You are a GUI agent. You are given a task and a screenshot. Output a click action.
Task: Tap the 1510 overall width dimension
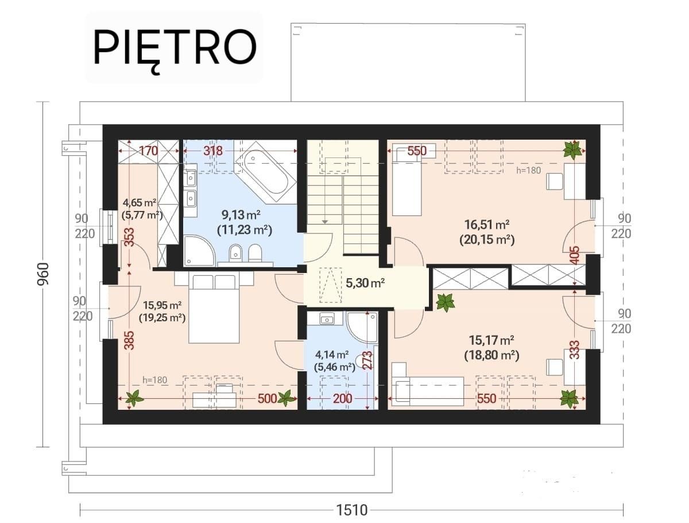click(x=351, y=510)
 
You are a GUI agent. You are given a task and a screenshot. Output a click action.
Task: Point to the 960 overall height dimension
click(x=44, y=274)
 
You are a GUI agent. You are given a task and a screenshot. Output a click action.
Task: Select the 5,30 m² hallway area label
click(x=365, y=283)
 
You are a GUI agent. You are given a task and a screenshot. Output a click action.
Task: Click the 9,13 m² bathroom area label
click(x=241, y=215)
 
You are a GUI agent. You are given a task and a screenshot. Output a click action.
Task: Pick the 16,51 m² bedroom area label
click(x=486, y=225)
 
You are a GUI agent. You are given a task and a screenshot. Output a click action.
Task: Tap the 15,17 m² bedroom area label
click(x=491, y=340)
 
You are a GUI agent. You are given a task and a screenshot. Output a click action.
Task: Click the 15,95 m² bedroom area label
click(x=162, y=305)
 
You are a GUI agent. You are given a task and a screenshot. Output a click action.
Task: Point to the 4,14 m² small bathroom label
click(x=332, y=355)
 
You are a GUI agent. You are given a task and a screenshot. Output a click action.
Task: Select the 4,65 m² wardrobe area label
click(x=140, y=202)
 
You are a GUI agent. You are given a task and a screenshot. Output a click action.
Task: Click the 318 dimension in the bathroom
click(x=213, y=151)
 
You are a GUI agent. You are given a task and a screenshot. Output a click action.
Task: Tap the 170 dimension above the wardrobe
click(x=149, y=151)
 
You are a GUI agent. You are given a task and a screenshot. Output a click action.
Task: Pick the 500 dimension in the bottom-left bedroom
click(x=267, y=399)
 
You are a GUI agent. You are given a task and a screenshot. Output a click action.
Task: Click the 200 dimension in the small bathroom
click(x=342, y=399)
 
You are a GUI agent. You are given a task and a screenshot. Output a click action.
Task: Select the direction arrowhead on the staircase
click(x=325, y=222)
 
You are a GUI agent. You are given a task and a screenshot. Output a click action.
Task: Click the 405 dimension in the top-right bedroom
click(x=575, y=255)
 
